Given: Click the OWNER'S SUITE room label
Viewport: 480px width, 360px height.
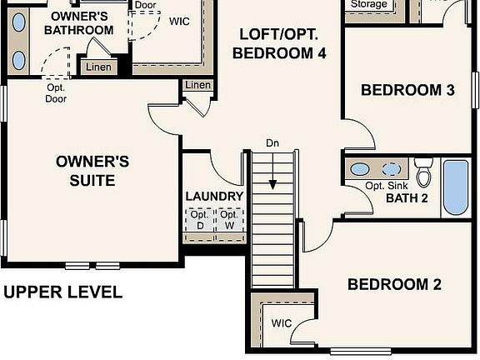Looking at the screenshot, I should pos(92,170).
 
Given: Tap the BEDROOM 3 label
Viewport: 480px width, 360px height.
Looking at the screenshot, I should pos(407,90).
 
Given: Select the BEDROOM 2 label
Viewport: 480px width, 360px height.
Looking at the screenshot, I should pos(393,284).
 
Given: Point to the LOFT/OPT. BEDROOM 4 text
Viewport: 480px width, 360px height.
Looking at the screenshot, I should pos(278,44).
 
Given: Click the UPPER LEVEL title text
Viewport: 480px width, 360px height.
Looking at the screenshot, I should pos(63,292).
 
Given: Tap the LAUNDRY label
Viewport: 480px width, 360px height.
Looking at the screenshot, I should pos(214,197).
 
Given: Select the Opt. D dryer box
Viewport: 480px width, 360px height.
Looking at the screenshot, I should pos(199,220).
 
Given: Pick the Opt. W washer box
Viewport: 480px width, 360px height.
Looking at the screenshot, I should pos(229,220).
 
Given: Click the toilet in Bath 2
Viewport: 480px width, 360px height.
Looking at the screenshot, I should pos(424,173).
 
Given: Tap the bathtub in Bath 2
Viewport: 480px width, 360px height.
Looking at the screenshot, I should pos(457,187).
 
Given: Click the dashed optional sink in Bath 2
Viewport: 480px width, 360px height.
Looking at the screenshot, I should pos(391,168).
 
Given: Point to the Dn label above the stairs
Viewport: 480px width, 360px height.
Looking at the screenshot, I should pos(272,143).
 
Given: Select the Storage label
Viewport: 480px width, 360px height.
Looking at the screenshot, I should pos(367,4).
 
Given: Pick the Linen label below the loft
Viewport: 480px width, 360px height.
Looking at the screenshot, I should pos(197,85).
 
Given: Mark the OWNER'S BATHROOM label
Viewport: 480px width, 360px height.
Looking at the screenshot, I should pos(78,23).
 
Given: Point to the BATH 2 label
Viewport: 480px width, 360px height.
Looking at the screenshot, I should pos(406,198).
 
